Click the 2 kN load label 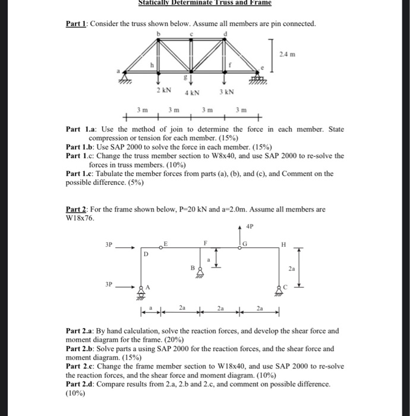[x=164, y=90]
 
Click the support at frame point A [x=141, y=289]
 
